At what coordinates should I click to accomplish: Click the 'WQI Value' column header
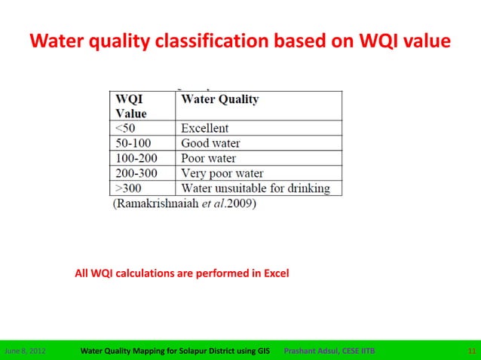pos(130,106)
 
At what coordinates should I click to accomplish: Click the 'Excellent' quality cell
pos(205,129)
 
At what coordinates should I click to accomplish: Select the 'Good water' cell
pos(210,143)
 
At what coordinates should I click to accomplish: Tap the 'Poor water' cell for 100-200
pos(209,158)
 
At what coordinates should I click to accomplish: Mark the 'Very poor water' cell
pos(222,173)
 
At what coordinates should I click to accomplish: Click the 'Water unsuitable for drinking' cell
pos(256,188)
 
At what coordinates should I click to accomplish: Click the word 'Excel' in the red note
pos(276,273)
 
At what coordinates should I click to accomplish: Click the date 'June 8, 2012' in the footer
pos(25,350)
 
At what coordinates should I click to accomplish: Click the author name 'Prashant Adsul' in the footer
pos(309,350)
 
